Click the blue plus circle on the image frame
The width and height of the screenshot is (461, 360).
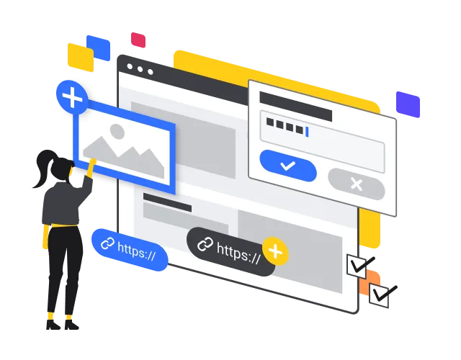click(x=72, y=97)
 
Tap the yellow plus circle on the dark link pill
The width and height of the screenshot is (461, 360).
click(x=275, y=251)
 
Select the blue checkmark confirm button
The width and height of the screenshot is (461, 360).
click(x=288, y=166)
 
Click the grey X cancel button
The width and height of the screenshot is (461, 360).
click(x=357, y=184)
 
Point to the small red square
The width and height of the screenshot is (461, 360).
click(x=138, y=40)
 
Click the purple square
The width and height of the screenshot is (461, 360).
click(x=408, y=104)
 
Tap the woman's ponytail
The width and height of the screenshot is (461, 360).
click(x=43, y=168)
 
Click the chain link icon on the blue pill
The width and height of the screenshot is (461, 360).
click(x=107, y=243)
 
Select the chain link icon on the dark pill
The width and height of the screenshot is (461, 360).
click(x=205, y=244)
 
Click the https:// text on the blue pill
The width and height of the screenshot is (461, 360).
click(x=136, y=251)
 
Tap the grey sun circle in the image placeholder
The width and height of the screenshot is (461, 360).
click(x=117, y=131)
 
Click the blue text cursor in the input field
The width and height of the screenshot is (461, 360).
click(x=307, y=132)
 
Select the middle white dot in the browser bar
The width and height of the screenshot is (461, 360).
click(x=140, y=69)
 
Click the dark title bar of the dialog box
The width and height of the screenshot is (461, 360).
click(x=296, y=106)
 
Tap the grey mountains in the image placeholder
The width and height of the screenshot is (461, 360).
click(x=123, y=157)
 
